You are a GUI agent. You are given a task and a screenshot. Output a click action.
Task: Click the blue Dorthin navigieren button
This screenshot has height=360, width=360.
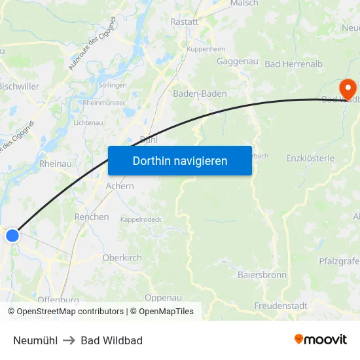coord(179,160)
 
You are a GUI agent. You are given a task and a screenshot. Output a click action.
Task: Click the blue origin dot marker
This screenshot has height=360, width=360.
coord(12,236)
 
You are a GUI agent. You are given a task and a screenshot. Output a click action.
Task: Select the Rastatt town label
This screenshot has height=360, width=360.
coord(184,22)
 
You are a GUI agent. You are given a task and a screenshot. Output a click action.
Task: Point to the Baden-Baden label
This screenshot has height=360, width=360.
coord(200,94)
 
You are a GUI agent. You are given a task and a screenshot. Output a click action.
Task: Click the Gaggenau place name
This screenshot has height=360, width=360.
coord(237,62)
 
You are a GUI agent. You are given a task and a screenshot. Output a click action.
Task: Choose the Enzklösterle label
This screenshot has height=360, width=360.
coord(310,158)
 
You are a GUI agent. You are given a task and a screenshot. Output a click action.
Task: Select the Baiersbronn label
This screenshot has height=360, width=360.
coord(262,275)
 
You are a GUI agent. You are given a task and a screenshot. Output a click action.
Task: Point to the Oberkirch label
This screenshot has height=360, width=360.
coord(122,258)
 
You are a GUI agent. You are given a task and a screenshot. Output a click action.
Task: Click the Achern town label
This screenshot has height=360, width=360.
coord(120,186)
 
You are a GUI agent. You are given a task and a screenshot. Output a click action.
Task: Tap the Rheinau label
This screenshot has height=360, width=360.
coord(56,164)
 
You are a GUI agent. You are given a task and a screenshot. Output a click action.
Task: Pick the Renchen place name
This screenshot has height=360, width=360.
coord(92,217)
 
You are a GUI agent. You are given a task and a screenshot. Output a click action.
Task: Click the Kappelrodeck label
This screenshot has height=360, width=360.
coord(141,219)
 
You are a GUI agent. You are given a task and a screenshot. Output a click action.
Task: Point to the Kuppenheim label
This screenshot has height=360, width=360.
coord(206,50)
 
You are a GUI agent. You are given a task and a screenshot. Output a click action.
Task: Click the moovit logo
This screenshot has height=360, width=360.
coord(321,340)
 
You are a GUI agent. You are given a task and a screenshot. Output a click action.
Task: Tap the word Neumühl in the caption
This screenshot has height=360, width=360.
coord(35,340)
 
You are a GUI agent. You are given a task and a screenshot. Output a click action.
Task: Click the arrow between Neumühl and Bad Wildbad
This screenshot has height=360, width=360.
coord(69,340)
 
